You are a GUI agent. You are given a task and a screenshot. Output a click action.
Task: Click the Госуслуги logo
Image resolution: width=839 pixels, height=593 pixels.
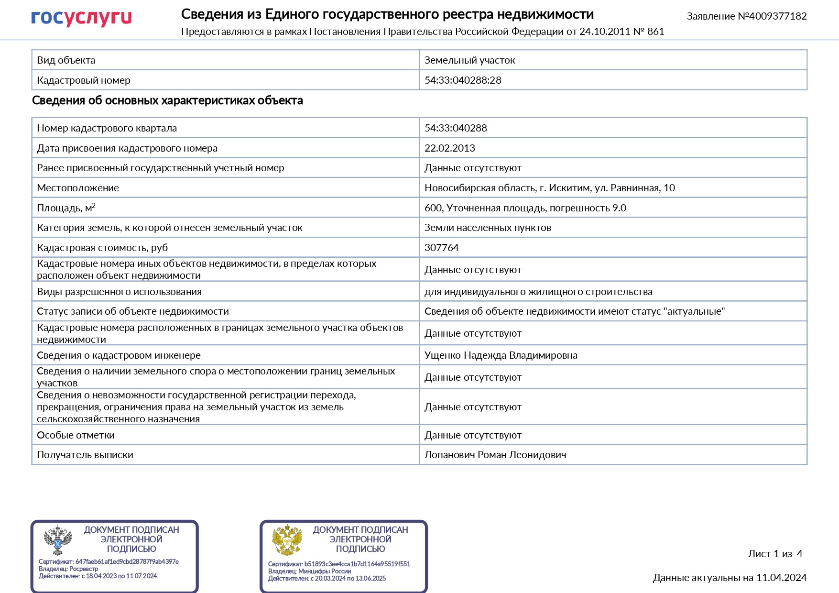(81, 18)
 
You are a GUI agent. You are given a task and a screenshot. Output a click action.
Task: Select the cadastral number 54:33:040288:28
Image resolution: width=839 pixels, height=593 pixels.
(463, 80)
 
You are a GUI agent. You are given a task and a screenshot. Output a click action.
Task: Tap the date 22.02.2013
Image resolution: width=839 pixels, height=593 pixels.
(449, 148)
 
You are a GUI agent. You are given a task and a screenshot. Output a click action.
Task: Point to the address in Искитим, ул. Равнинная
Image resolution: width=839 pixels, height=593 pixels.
(549, 188)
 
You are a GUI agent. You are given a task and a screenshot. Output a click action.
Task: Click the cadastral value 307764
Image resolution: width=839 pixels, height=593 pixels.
(441, 248)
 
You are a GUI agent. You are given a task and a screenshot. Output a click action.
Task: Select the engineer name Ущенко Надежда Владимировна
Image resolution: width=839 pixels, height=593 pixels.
(501, 355)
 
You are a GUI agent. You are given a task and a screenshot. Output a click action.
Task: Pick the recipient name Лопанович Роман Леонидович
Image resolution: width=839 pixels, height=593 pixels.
(495, 455)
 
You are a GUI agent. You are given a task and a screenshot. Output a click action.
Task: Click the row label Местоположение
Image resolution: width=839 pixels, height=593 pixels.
(78, 188)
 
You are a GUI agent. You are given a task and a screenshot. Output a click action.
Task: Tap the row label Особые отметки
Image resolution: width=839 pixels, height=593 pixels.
(76, 435)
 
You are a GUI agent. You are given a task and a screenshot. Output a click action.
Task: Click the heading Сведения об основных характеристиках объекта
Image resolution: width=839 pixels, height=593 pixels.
(167, 100)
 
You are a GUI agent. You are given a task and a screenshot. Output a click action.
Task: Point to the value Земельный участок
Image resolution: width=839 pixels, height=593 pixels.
(469, 60)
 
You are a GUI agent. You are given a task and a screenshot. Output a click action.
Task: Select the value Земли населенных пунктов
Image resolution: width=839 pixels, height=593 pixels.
(488, 228)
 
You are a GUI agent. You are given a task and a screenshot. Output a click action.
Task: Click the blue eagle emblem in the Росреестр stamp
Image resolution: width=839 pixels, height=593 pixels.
(57, 540)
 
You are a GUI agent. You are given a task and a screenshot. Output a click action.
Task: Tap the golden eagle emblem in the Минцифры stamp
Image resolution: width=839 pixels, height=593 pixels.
(287, 540)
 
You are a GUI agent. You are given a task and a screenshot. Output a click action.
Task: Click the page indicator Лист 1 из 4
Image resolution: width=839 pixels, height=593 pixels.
(775, 554)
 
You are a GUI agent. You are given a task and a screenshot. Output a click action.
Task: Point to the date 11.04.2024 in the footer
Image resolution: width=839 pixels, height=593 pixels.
(781, 578)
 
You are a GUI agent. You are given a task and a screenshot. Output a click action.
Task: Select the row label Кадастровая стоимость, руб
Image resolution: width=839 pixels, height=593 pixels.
(102, 248)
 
